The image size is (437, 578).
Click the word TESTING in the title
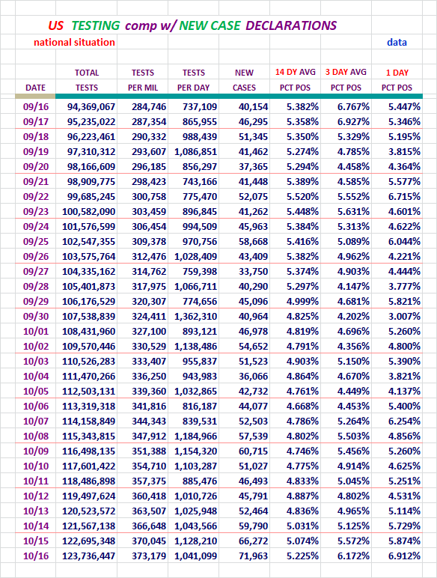tap(96, 25)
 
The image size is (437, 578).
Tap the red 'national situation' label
tap(74, 43)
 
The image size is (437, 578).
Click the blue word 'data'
tap(397, 43)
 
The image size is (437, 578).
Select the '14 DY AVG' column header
tap(295, 72)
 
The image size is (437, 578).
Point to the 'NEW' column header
tap(244, 73)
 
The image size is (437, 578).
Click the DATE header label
tap(35, 88)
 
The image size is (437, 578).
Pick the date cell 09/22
tap(36, 196)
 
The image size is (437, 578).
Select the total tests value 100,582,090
tap(88, 212)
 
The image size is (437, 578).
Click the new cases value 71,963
tap(253, 556)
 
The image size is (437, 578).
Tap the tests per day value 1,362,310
tap(195, 316)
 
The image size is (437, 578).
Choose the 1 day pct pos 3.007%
tap(404, 316)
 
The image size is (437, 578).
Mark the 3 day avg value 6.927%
tap(353, 121)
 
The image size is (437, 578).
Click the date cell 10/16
tap(36, 556)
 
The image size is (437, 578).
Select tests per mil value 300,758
tap(149, 196)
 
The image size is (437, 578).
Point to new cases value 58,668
tap(253, 241)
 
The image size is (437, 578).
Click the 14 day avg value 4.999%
tap(302, 301)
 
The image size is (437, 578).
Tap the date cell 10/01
tap(36, 332)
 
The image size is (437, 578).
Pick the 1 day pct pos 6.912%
tap(404, 556)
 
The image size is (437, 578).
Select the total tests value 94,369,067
tap(91, 107)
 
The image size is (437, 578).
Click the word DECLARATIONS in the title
tap(291, 25)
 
